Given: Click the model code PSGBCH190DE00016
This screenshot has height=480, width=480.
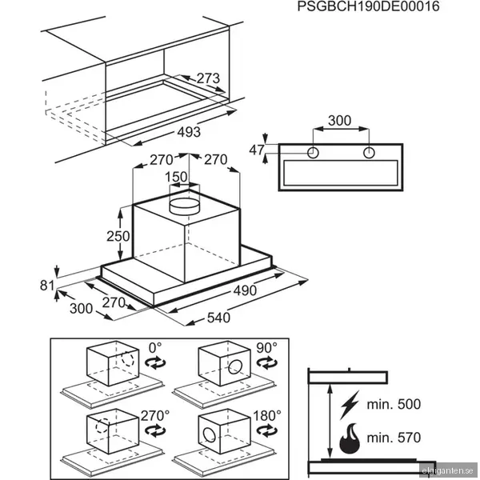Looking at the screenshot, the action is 368,6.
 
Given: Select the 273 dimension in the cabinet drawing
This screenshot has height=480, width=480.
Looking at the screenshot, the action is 208,78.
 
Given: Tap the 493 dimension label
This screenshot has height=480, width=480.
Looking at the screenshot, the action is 189,132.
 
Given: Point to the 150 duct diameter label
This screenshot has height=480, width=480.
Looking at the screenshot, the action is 176,177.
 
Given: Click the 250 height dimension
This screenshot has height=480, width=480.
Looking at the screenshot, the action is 118,236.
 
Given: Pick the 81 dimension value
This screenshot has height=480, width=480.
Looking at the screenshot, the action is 47,286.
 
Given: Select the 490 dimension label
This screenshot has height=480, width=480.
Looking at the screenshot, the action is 246,290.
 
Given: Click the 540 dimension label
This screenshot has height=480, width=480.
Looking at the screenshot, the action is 218,318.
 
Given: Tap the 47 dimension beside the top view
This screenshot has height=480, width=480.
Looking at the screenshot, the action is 257,150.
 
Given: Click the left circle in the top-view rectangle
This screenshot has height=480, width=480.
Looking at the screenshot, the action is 313,153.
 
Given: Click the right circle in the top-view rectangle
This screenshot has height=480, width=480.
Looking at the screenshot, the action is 369,153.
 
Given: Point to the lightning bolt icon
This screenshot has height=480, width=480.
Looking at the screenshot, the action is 350,405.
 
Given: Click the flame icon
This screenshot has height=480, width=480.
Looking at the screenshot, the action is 350,438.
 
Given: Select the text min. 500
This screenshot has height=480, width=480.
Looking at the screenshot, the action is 394,404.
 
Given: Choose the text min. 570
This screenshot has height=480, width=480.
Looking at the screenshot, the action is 394,438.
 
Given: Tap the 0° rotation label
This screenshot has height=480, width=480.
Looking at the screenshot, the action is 155,348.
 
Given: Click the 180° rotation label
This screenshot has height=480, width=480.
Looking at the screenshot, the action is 267,416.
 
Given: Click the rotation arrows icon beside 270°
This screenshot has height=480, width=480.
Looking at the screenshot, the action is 155,430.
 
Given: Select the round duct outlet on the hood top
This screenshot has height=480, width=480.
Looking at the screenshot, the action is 185,206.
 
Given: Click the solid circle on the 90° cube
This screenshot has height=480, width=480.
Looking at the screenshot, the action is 235,367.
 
